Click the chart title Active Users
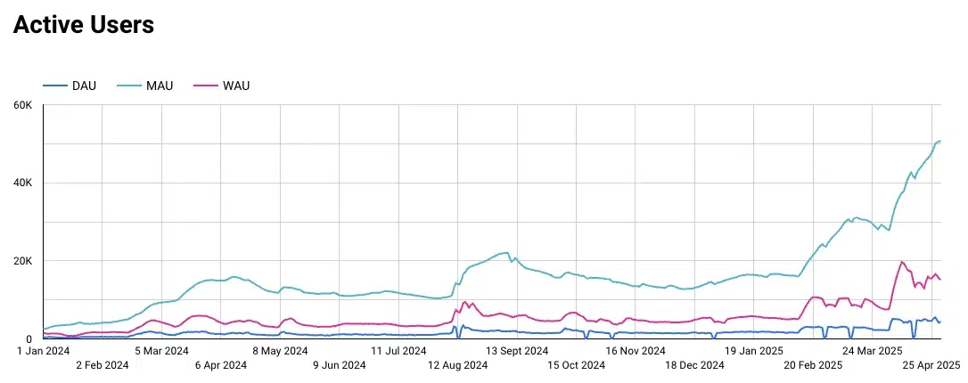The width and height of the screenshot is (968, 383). coord(84,26)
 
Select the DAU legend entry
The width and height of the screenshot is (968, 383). coord(83,86)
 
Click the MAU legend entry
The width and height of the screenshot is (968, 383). coord(160,86)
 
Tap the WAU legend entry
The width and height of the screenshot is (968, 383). coord(234,86)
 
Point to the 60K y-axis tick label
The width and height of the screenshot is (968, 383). coord(22,105)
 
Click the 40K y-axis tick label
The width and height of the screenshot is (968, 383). coord(22,183)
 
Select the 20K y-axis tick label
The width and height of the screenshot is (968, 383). coord(22,261)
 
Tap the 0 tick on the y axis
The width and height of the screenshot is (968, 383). coord(29,339)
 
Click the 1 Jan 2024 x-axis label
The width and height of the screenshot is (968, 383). coord(44,350)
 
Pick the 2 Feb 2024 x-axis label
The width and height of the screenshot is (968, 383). coord(103,364)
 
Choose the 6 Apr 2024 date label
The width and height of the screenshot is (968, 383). coord(220,364)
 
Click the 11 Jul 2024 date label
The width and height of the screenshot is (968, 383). coord(398,350)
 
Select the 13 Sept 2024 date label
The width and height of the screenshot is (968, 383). coord(517,350)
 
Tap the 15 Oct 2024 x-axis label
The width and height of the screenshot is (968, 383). coord(576,364)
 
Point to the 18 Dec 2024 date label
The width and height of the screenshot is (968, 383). coord(694,364)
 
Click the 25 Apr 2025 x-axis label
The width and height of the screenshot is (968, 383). coord(931,364)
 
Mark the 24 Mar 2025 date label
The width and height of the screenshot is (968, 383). coord(872,350)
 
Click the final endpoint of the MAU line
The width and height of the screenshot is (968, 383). coord(940,141)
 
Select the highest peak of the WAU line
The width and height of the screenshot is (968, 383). coord(902,262)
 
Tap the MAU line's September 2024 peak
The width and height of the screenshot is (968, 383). coord(506,252)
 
